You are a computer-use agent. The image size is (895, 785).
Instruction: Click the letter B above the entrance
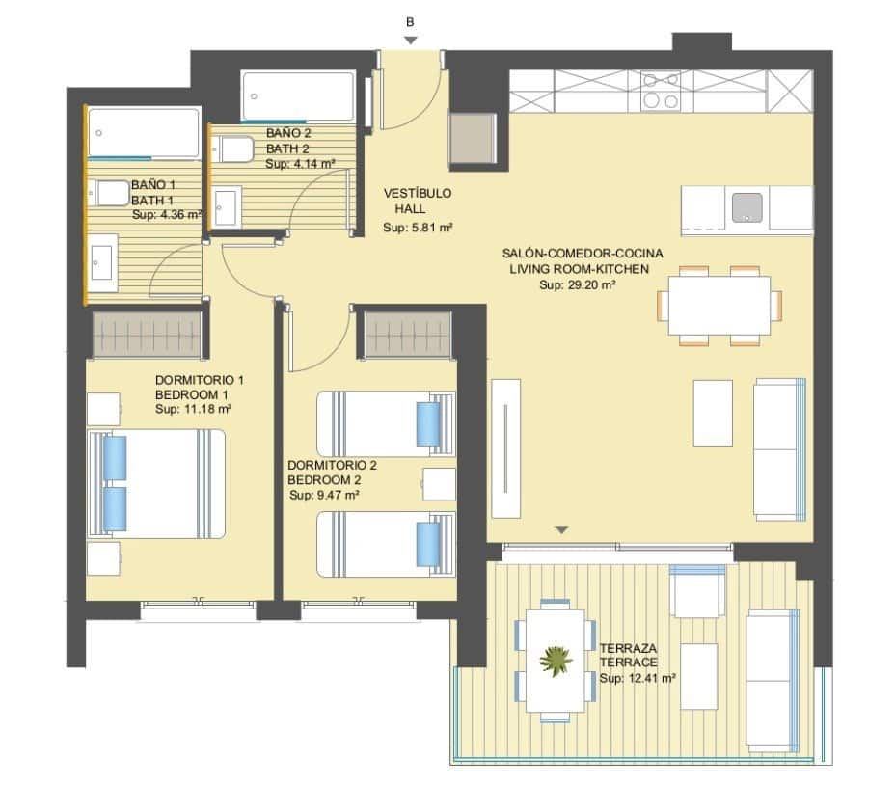tap(411, 21)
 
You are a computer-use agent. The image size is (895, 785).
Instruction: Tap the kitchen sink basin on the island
tap(746, 207)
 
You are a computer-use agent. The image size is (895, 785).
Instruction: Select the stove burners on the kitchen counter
tap(661, 92)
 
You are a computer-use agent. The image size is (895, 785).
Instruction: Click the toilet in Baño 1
tap(109, 193)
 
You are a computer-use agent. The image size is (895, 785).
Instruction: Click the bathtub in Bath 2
tap(298, 95)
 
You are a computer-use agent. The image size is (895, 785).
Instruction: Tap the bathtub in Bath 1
tap(144, 132)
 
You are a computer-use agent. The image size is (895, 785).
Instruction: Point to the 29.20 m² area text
tap(578, 285)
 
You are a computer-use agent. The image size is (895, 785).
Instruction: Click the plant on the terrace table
tap(555, 661)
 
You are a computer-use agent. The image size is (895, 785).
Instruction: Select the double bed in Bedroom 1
tap(156, 483)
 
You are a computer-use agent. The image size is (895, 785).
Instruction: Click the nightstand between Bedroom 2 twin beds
tap(439, 484)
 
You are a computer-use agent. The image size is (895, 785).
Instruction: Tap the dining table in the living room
tap(719, 305)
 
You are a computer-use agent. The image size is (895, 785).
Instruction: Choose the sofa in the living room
tap(779, 448)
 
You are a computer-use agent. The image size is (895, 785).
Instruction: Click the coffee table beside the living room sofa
tap(713, 413)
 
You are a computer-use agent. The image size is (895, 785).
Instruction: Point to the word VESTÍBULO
tap(417, 193)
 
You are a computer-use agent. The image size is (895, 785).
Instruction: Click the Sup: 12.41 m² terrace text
tap(637, 679)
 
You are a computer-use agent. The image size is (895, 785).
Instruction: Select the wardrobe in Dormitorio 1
tap(147, 334)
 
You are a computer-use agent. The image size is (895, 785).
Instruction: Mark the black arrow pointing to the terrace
tap(562, 529)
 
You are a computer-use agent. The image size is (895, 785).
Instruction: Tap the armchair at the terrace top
tap(696, 590)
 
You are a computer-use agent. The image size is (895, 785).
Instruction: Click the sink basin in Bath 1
tap(103, 259)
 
